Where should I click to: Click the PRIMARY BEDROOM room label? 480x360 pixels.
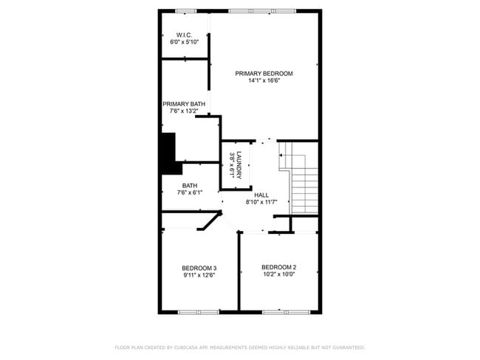[264, 73]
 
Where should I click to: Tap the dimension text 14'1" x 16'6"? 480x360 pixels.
[264, 80]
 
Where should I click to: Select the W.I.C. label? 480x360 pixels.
[184, 35]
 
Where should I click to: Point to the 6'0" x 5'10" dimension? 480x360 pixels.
[184, 42]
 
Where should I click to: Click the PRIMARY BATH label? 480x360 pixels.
[184, 104]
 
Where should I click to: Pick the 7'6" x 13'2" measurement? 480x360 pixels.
[184, 111]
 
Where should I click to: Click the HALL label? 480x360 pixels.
[261, 194]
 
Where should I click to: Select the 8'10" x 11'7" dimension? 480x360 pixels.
[261, 201]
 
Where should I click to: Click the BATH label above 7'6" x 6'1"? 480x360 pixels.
[190, 186]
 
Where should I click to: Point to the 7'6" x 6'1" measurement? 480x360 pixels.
[190, 193]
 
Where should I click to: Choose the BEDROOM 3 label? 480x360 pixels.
[199, 268]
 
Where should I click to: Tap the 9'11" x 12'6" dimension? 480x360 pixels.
[199, 275]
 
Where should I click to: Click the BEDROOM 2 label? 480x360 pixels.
[278, 267]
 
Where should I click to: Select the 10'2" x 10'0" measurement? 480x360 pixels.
[278, 274]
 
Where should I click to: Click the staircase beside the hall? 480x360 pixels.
[303, 181]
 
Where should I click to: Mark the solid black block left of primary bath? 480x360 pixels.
[167, 152]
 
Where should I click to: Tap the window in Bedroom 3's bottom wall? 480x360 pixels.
[198, 312]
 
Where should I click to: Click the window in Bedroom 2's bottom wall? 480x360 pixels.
[284, 312]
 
